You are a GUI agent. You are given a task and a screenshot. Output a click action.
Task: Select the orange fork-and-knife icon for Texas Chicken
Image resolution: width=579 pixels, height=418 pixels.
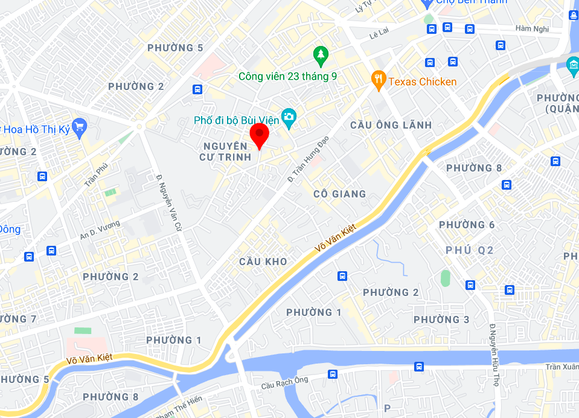(x=379, y=80)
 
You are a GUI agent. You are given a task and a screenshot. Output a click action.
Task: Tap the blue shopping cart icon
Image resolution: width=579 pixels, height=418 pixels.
(x=79, y=127)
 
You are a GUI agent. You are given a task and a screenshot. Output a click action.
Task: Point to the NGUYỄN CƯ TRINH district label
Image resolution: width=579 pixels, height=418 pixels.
(x=225, y=152)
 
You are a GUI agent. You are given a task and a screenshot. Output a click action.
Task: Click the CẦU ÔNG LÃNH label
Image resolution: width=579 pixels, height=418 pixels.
(x=391, y=125)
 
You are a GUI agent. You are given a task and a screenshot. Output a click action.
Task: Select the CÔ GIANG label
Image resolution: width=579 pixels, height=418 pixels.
(x=340, y=194)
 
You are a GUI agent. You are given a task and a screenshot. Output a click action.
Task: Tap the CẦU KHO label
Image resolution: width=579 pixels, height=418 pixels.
(x=263, y=262)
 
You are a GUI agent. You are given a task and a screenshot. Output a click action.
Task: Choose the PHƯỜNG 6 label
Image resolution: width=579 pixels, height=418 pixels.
(x=467, y=225)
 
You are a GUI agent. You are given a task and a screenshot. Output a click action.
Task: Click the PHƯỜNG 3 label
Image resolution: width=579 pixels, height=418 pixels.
(x=441, y=320)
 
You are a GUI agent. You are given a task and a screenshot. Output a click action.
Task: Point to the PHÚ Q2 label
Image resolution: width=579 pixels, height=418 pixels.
(x=470, y=250)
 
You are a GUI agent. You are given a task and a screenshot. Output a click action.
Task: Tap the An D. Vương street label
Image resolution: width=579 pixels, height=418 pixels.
(x=100, y=230)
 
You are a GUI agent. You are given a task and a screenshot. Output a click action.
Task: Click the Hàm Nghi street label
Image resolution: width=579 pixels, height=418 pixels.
(x=532, y=28)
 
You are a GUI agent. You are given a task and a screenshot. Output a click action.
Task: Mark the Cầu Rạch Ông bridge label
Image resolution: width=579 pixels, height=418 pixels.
(x=284, y=384)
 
